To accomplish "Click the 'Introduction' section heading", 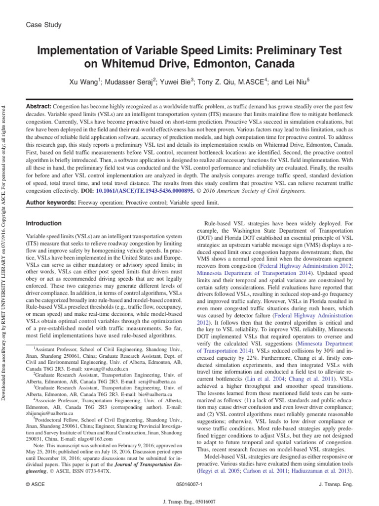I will point(43,223).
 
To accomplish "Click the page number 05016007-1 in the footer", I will point(189,486).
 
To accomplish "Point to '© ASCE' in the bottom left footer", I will point(35,486).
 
